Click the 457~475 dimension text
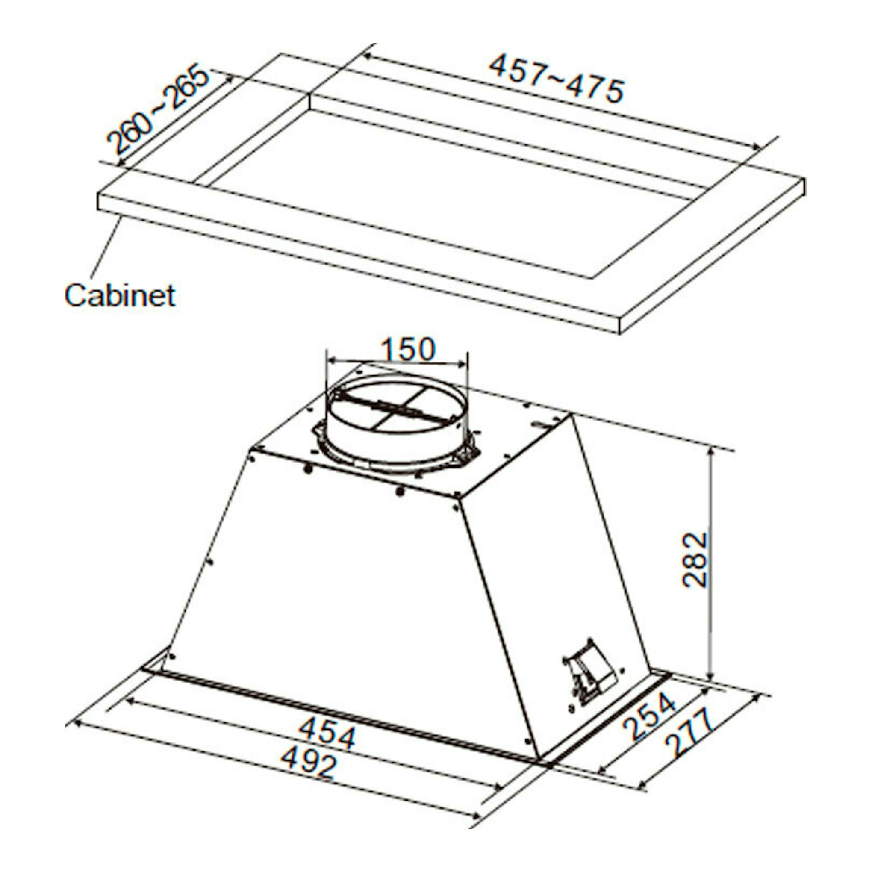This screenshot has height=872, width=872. pyautogui.click(x=557, y=78)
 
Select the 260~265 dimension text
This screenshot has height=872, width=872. pyautogui.click(x=158, y=110)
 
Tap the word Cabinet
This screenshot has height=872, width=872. pyautogui.click(x=120, y=296)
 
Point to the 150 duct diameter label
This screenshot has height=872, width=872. pyautogui.click(x=408, y=349)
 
